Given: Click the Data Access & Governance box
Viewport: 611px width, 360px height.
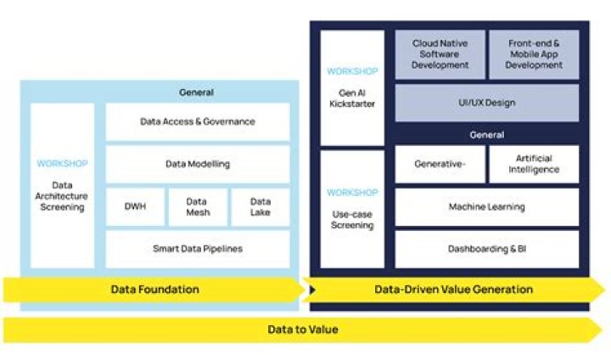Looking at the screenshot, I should coord(197,121).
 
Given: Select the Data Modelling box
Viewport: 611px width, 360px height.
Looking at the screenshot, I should coord(197,164).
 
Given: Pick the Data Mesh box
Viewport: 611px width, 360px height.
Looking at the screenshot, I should coord(198,207).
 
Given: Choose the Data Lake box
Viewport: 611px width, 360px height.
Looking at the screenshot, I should coord(261,207).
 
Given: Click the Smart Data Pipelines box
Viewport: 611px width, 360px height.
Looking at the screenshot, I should coord(197,249).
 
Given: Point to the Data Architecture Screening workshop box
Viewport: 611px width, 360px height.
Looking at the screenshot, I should coord(62,185).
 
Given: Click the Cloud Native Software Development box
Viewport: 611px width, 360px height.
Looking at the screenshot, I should coord(440,54).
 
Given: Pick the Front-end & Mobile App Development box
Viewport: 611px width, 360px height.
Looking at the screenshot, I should coord(534,54).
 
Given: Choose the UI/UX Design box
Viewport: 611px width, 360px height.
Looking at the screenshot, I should coord(487,103).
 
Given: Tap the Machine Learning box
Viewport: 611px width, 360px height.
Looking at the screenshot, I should coord(487,207).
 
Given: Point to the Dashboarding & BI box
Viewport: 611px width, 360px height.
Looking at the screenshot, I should coord(487,249).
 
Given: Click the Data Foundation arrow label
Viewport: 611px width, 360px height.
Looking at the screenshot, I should coord(155,290).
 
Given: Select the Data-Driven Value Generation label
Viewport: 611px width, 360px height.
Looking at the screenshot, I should coord(454,290).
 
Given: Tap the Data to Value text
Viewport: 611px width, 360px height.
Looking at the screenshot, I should coord(303,329).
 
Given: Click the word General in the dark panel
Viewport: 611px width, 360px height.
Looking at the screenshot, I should coord(487,134).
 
